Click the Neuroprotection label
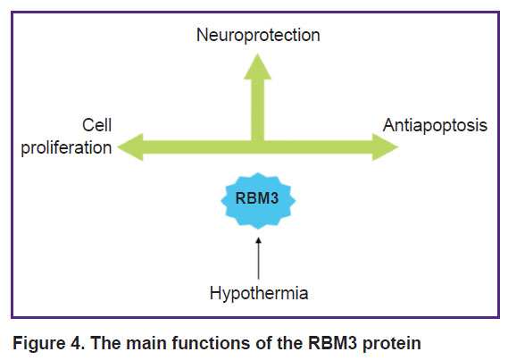pyautogui.click(x=258, y=35)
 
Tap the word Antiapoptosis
pyautogui.click(x=435, y=125)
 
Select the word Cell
pyautogui.click(x=97, y=125)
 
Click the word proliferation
pyautogui.click(x=66, y=147)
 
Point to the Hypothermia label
pyautogui.click(x=259, y=293)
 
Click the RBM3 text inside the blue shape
pyautogui.click(x=257, y=198)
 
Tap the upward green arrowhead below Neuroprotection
pyautogui.click(x=257, y=67)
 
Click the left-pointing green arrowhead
pyautogui.click(x=130, y=147)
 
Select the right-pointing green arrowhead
pyautogui.click(x=385, y=147)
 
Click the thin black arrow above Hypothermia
pyautogui.click(x=258, y=258)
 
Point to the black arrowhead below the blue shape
pyautogui.click(x=258, y=240)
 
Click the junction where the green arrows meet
pyautogui.click(x=257, y=147)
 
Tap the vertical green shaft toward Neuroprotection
pyautogui.click(x=257, y=110)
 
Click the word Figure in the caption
pyautogui.click(x=39, y=343)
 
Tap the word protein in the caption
pyautogui.click(x=392, y=344)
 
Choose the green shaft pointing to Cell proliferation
pyautogui.click(x=197, y=147)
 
